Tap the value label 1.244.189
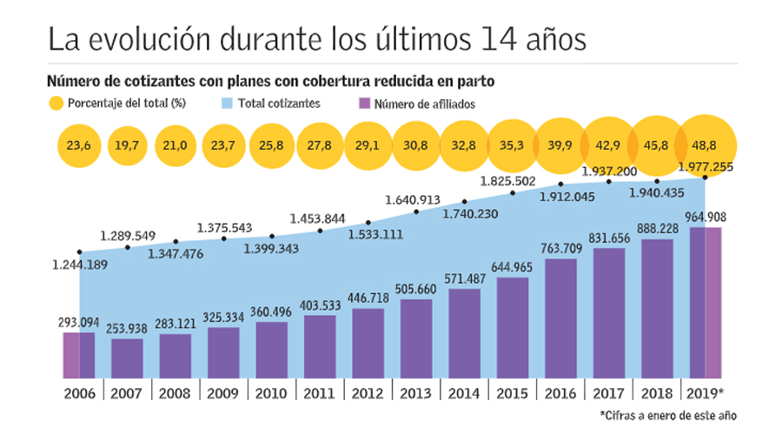pos(79,264)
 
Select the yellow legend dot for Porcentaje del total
pos(56,104)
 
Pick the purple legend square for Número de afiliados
pos(365,104)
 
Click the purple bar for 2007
pos(127,358)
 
